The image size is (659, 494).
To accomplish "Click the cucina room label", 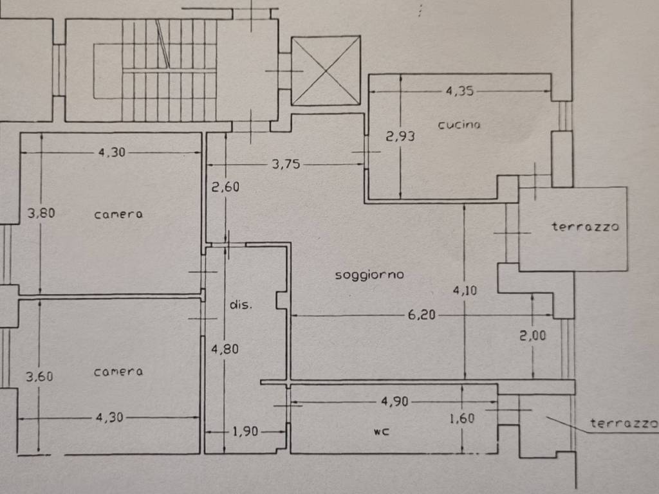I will coord(459,125).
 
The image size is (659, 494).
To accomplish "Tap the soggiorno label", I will coord(369,275).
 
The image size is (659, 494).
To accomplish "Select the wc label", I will coord(381,432).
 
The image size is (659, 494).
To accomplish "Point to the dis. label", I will coord(241,304).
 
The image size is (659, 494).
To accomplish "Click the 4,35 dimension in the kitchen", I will coord(459,91).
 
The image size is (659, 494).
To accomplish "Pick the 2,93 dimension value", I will coord(400,136).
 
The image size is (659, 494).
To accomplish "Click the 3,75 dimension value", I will coord(286,164).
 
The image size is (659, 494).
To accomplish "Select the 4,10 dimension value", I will coord(465,291).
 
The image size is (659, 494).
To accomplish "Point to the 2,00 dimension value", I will coord(534,334).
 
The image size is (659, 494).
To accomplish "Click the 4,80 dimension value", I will coord(225,350).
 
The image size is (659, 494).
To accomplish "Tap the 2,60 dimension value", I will coord(225,188).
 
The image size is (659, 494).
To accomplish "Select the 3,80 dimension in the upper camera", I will coord(41,213).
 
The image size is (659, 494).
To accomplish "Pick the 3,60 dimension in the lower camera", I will coord(39,377).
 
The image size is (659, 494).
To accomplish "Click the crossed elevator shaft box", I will coord(326,71).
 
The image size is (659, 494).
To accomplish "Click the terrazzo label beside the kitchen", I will coord(585,226).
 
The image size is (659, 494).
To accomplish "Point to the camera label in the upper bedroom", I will coord(118,214).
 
